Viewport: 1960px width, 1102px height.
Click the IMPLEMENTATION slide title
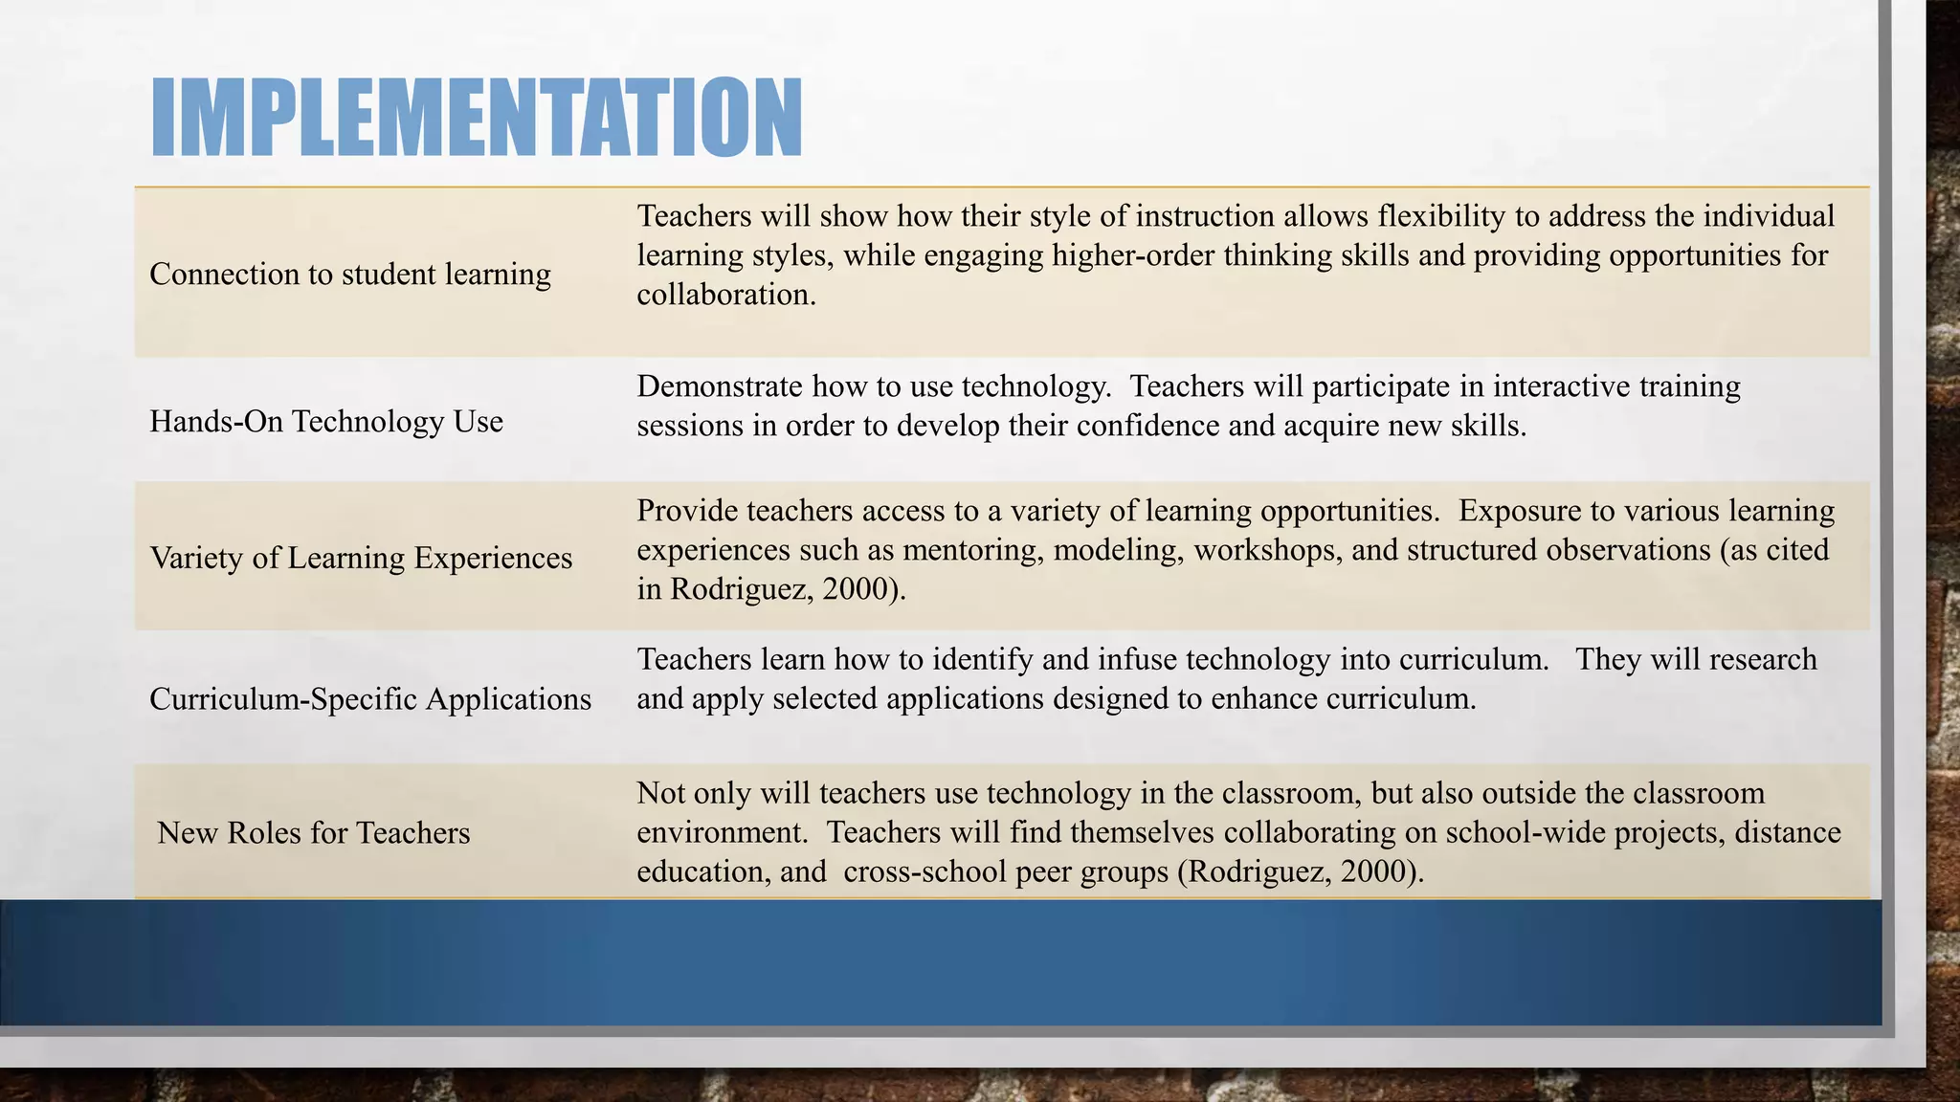(477, 118)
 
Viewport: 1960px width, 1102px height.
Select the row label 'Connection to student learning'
(350, 275)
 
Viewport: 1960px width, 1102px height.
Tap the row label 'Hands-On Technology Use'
(326, 422)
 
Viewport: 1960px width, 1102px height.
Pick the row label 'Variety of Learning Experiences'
(361, 558)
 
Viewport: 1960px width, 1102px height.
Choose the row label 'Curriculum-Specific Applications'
(370, 699)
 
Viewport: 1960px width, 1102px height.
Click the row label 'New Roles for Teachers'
(314, 833)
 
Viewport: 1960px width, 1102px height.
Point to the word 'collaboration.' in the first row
(726, 295)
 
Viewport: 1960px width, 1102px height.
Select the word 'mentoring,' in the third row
(973, 550)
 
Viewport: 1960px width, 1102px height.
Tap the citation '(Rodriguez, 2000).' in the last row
(1301, 871)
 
